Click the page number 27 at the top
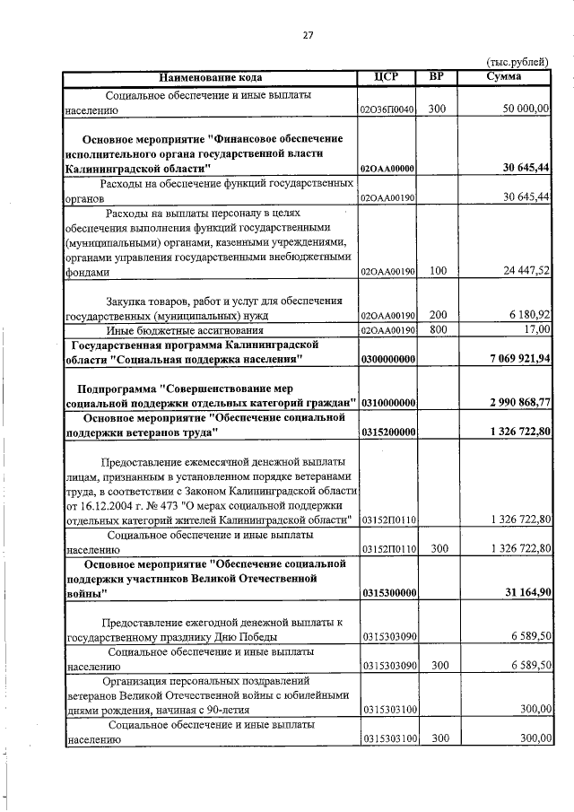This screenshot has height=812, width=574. [308, 35]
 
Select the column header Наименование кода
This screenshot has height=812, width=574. [211, 78]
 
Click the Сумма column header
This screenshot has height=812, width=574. [504, 77]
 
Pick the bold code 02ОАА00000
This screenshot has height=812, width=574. [387, 169]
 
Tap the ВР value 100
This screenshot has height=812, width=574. [438, 270]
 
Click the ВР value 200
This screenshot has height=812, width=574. [438, 316]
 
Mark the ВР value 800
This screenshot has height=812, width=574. [438, 330]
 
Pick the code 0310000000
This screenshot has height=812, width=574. [387, 403]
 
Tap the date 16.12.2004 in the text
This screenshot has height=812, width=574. [109, 506]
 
